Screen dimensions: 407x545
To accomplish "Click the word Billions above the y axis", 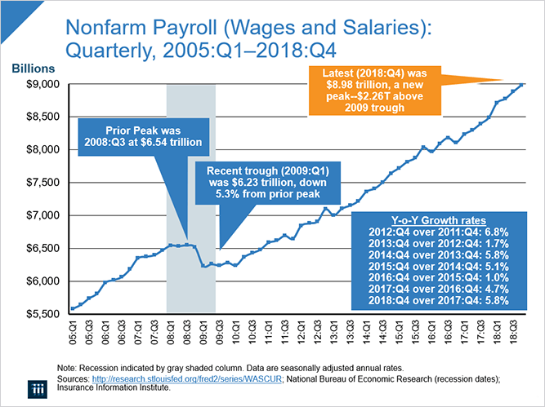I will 33,68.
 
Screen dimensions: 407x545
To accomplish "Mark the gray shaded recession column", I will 190,245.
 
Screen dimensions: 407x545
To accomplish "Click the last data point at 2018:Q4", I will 523,84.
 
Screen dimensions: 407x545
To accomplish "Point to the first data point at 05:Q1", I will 74,308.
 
